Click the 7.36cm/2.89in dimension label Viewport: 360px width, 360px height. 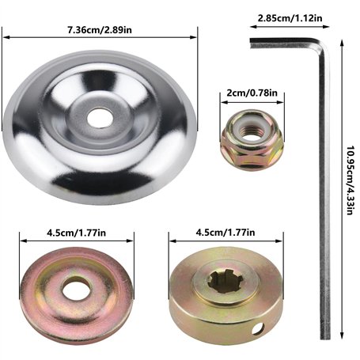click(100, 30)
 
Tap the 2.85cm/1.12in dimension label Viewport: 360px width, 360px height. click(290, 18)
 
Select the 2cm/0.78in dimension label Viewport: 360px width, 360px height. click(252, 93)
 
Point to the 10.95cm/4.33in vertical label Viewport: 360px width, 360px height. click(350, 180)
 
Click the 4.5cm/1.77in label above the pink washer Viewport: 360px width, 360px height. click(77, 233)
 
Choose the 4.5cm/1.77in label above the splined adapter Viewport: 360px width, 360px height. click(225, 233)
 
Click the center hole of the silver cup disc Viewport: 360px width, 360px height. click(100, 118)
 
